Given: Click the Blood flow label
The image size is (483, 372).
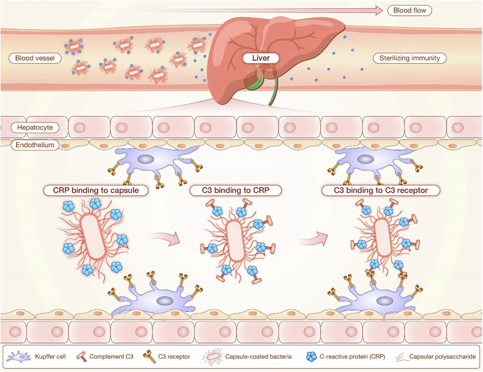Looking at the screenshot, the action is tap(409, 10).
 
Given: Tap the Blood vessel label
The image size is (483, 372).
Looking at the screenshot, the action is tap(35, 58).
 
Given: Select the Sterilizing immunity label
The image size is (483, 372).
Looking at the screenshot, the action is tap(409, 58).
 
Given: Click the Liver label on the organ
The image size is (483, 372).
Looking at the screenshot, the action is tap(260, 58).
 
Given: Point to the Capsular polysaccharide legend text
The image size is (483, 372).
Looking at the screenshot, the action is tap(442, 356).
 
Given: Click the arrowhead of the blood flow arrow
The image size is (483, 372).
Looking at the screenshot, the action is tap(378, 10).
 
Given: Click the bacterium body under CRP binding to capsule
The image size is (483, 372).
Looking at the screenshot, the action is tap(93, 236).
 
